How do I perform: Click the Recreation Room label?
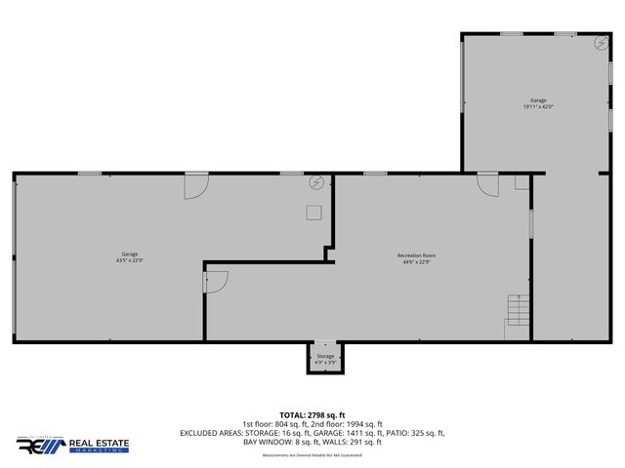416,254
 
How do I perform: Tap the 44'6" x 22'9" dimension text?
416,261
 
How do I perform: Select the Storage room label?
325,356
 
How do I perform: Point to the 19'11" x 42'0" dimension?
538,107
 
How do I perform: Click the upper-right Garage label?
538,100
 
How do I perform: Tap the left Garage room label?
130,254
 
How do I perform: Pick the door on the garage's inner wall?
215,282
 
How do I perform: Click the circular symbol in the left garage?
316,182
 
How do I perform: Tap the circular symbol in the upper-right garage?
600,42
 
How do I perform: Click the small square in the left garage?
313,213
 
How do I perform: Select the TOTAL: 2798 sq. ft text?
312,414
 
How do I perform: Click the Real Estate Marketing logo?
72,446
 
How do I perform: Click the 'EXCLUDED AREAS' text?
214,433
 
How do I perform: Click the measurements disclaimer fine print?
312,452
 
